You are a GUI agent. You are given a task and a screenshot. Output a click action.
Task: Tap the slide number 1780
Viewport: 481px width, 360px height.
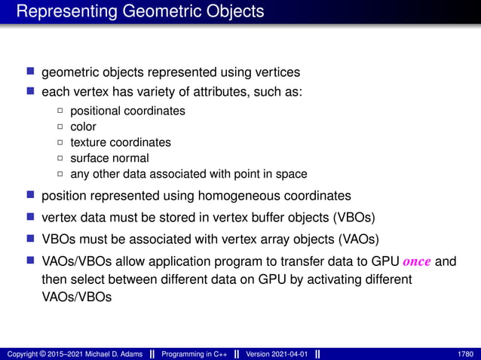pyautogui.click(x=466, y=354)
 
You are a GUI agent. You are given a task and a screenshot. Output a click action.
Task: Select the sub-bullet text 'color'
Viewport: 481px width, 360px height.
pyautogui.click(x=83, y=127)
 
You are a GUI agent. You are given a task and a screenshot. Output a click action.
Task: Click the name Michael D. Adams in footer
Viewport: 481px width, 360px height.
pyautogui.click(x=106, y=354)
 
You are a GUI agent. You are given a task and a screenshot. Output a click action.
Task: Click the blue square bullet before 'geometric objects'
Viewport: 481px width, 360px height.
pyautogui.click(x=31, y=72)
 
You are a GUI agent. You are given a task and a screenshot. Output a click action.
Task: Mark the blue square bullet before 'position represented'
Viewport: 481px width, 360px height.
pyautogui.click(x=31, y=196)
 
